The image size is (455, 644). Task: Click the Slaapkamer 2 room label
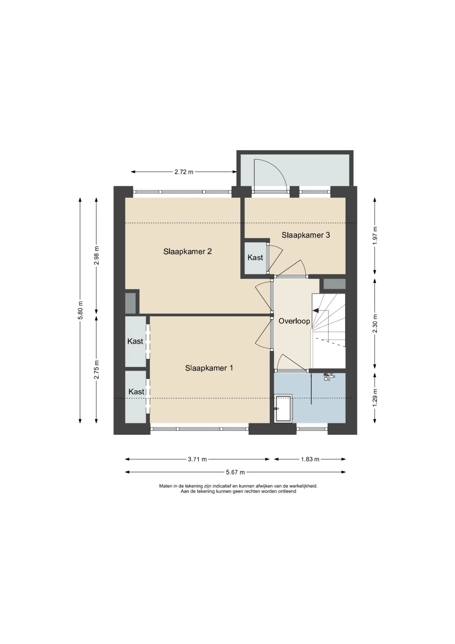click(x=187, y=251)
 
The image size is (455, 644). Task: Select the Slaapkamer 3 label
click(x=306, y=235)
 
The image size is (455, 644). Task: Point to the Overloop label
click(x=294, y=321)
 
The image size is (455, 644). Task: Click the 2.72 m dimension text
click(x=184, y=172)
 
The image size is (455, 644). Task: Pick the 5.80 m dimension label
click(x=81, y=310)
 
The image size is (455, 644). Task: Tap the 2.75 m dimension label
click(x=97, y=369)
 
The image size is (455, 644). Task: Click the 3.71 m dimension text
click(x=197, y=459)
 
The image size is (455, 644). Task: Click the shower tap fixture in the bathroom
click(x=329, y=377)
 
